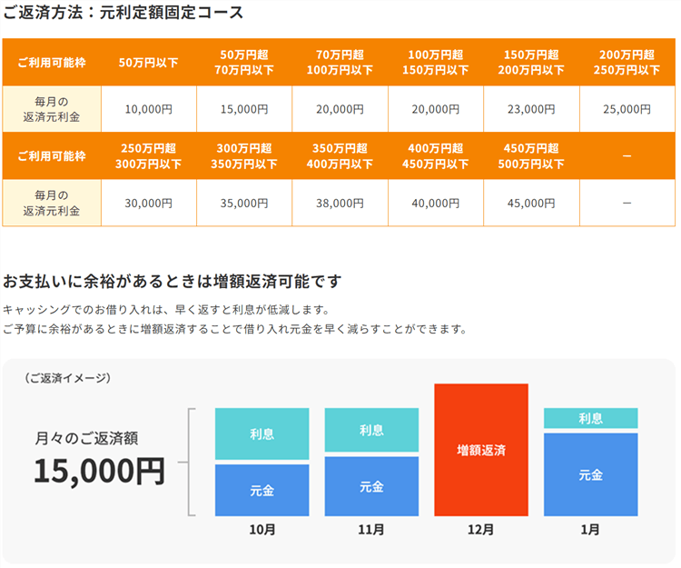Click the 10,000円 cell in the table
148,109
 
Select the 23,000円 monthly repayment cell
531,109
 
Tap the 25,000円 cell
627,109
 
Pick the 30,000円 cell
148,204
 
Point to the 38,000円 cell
340,204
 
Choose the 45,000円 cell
531,204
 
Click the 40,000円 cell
436,204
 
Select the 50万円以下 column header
148,63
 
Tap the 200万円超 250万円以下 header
627,63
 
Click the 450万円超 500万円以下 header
531,156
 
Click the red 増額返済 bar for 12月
481,450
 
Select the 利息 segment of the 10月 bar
262,433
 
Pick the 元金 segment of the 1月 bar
590,474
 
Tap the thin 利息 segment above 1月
590,418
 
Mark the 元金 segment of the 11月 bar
371,486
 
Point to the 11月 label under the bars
371,530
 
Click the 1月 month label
590,530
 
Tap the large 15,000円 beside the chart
99,471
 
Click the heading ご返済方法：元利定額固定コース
123,14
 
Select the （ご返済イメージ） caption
69,378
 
